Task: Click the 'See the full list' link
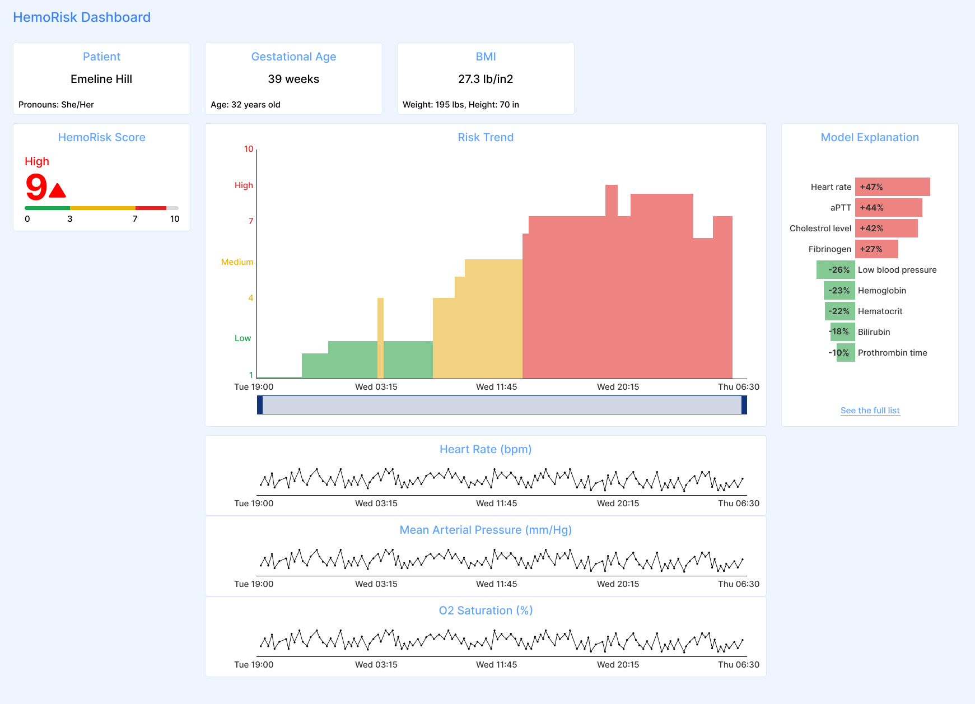point(870,411)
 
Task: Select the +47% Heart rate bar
point(892,187)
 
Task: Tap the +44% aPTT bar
point(888,208)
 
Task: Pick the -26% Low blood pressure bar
point(836,270)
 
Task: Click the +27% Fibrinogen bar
point(876,249)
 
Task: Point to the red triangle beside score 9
point(57,191)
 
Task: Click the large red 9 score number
point(36,187)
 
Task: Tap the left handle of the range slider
point(260,405)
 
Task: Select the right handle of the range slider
point(744,405)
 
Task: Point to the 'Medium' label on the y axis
point(237,262)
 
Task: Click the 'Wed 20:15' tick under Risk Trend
point(618,387)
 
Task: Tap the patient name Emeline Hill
point(101,79)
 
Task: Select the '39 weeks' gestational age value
point(293,79)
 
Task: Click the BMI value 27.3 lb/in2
point(486,79)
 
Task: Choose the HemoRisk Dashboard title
point(82,17)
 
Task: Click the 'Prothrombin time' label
point(892,353)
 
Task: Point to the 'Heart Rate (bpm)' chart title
point(486,449)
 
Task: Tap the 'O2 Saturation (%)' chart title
point(486,610)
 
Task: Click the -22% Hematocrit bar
point(839,311)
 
